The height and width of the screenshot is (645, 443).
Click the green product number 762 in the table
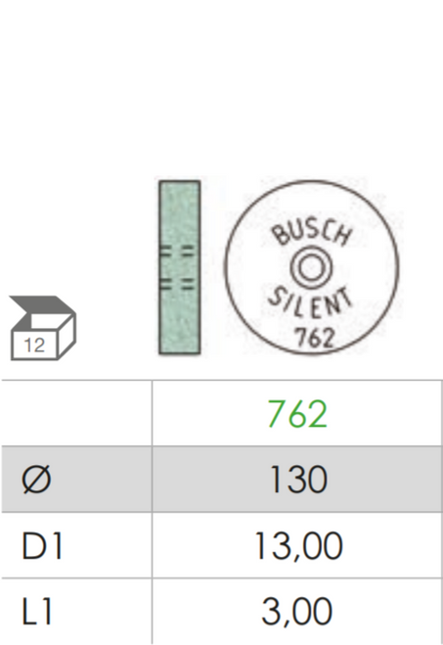point(297,414)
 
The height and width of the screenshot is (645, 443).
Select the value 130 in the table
point(298,480)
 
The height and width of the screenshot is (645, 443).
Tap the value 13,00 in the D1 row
point(298,546)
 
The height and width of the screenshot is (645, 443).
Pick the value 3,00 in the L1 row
point(296,612)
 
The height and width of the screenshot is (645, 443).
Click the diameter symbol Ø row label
point(36,480)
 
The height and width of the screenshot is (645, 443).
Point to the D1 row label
point(41,545)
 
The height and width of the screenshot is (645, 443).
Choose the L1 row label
point(36,612)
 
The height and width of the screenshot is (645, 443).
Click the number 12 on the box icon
point(34,346)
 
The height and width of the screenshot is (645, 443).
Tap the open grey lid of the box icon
point(41,307)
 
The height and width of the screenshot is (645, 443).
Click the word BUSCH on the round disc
point(312,234)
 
